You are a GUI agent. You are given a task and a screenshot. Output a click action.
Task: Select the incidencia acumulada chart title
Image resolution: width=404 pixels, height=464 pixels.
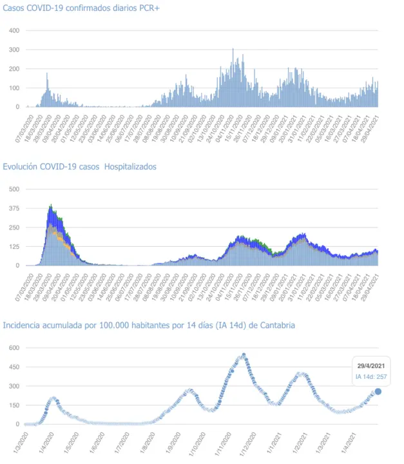pyautogui.click(x=149, y=325)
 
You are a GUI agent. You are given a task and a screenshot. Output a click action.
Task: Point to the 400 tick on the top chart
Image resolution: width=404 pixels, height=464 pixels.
pyautogui.click(x=14, y=30)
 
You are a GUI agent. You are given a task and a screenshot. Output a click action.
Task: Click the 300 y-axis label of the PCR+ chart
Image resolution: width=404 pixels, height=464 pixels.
pyautogui.click(x=14, y=50)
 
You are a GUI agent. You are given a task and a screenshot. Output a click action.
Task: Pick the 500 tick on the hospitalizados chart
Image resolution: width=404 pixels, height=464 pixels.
pyautogui.click(x=14, y=189)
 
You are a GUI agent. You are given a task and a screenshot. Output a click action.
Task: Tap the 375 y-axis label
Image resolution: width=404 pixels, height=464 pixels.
pyautogui.click(x=14, y=209)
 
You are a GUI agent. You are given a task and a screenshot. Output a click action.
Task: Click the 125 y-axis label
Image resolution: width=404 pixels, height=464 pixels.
pyautogui.click(x=14, y=247)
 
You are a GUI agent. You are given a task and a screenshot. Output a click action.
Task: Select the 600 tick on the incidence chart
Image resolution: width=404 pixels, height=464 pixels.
pyautogui.click(x=14, y=348)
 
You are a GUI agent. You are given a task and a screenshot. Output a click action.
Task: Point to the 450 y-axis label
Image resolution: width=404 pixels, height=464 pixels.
pyautogui.click(x=14, y=367)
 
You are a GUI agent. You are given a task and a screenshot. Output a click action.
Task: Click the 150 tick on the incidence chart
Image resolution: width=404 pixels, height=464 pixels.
pyautogui.click(x=14, y=405)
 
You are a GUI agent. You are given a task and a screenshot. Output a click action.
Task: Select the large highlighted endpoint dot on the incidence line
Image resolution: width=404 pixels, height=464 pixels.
pyautogui.click(x=378, y=391)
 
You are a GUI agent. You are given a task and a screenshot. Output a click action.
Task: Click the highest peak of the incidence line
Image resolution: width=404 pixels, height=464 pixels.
pyautogui.click(x=244, y=354)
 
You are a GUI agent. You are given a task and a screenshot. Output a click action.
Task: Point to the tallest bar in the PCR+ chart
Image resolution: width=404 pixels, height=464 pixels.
pyautogui.click(x=233, y=49)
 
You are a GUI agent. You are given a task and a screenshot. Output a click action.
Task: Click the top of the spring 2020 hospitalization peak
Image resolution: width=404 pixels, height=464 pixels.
pyautogui.click(x=50, y=206)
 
